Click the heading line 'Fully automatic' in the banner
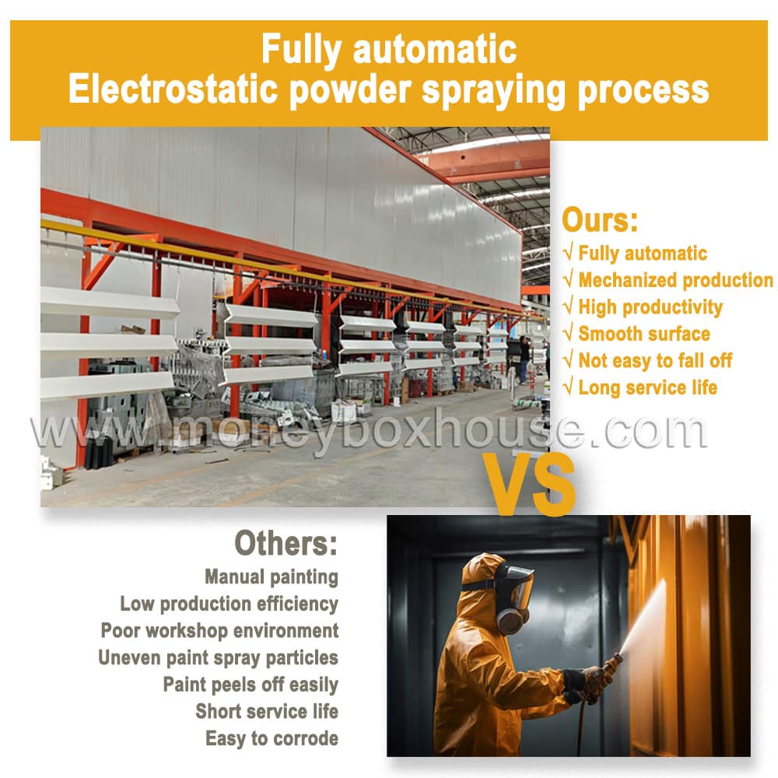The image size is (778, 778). click(389, 50)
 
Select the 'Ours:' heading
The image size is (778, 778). click(599, 220)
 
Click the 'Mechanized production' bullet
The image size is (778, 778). click(675, 280)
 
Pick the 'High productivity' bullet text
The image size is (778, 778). click(650, 307)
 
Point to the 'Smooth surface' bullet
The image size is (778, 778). click(644, 334)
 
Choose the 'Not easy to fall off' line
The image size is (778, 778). click(655, 361)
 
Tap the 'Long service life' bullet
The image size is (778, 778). click(647, 387)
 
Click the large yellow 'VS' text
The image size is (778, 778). click(530, 484)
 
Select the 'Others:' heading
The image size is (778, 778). click(286, 543)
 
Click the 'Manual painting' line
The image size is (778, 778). click(272, 577)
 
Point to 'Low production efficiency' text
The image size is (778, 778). click(230, 604)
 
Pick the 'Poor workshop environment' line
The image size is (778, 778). click(220, 631)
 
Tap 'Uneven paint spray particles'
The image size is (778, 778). click(219, 658)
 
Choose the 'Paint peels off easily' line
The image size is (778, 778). click(251, 685)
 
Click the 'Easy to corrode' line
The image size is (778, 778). click(272, 738)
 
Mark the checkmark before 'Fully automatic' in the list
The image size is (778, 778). click(569, 253)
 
